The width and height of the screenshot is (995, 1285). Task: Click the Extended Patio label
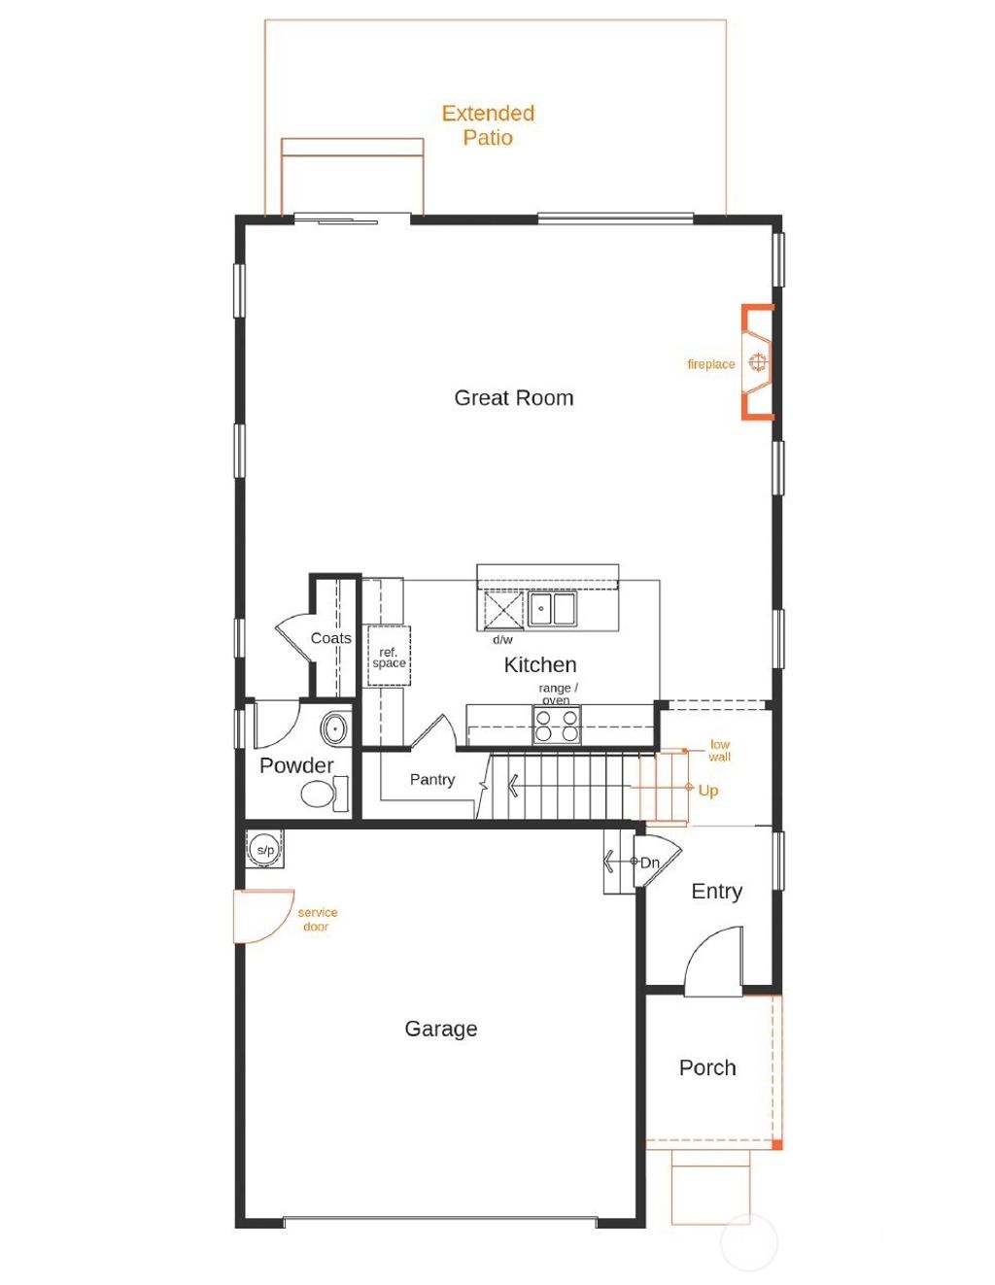(x=488, y=125)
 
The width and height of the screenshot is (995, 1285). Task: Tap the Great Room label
(x=513, y=398)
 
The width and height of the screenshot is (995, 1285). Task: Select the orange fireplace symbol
(x=758, y=362)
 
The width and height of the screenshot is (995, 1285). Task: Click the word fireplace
(x=710, y=364)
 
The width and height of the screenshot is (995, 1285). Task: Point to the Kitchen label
(x=539, y=665)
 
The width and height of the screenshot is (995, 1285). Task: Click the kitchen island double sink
(x=551, y=609)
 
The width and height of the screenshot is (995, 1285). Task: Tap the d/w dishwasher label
(x=502, y=640)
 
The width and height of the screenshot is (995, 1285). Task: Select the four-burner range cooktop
(x=557, y=726)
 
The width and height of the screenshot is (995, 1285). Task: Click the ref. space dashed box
(x=389, y=657)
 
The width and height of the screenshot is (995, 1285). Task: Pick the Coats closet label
(x=330, y=638)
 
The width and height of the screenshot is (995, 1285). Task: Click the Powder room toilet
(x=322, y=795)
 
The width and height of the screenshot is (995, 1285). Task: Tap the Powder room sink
(x=335, y=727)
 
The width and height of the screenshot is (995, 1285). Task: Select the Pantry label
(x=431, y=780)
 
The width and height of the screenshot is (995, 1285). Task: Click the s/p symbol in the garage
(x=264, y=849)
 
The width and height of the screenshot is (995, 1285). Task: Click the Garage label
(x=440, y=1030)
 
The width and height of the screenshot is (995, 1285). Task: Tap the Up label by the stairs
(x=708, y=791)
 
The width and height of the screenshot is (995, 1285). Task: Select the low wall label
(x=719, y=751)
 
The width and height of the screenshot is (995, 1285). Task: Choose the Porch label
(x=706, y=1068)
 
